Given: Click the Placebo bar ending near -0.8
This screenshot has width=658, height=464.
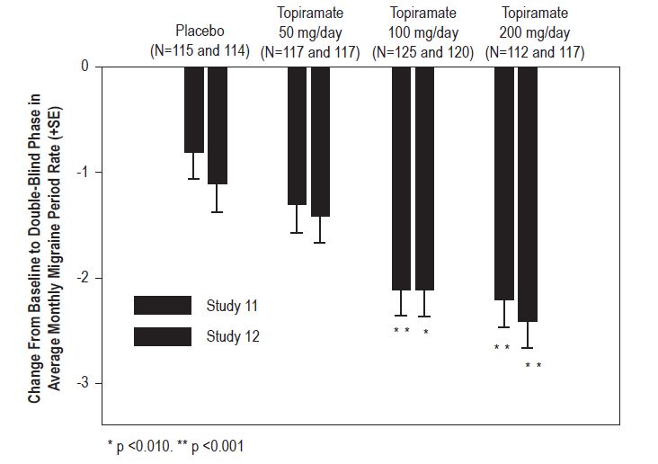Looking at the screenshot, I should pos(194,109).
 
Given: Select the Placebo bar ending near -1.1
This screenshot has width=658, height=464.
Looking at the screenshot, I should pos(218,125).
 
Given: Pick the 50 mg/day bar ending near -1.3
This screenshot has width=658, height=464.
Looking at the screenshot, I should pos(297,135).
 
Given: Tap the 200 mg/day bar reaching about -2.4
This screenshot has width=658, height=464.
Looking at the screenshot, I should pos(528,193).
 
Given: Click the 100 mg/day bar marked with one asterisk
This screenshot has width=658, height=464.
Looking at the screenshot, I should pos(425,178).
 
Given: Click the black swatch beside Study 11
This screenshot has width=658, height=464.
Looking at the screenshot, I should pos(163,306).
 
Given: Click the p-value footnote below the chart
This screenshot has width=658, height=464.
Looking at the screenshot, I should pos(175,445).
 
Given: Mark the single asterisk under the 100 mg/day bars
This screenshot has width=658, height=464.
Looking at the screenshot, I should pos(425,332).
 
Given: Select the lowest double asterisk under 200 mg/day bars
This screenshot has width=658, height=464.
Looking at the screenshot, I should pos(533,364).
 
